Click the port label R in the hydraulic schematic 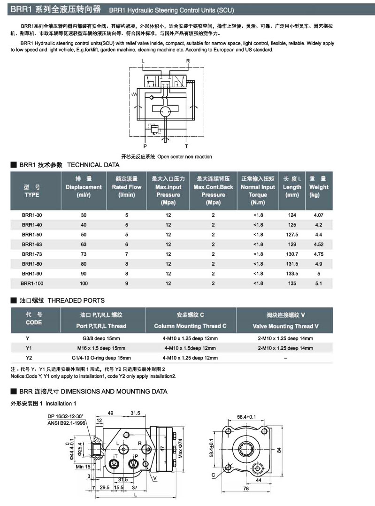pyautogui.click(x=188, y=61)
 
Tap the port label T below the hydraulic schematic pyautogui.click(x=186, y=146)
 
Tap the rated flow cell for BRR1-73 pyautogui.click(x=126, y=254)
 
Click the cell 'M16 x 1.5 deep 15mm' pyautogui.click(x=101, y=348)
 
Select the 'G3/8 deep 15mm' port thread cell pyautogui.click(x=101, y=338)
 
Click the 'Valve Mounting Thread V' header pyautogui.click(x=285, y=326)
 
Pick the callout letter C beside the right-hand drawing pyautogui.click(x=214, y=475)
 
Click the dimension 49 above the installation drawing pyautogui.click(x=111, y=414)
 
